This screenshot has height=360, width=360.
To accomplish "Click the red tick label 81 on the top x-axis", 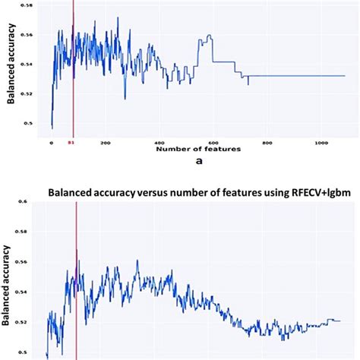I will pyautogui.click(x=72, y=142).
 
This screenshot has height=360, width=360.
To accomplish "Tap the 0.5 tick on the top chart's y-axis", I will pyautogui.click(x=30, y=122).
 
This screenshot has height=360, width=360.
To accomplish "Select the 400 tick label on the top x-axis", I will pyautogui.click(x=139, y=142).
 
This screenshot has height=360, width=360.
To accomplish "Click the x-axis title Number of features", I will pyautogui.click(x=198, y=150).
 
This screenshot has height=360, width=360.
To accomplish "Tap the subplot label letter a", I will pyautogui.click(x=198, y=162).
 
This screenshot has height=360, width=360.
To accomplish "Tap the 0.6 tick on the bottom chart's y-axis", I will pyautogui.click(x=30, y=202).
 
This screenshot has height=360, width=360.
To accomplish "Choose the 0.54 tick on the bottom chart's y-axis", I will pyautogui.click(x=28, y=292).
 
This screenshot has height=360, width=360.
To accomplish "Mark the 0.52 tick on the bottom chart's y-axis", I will pyautogui.click(x=28, y=322).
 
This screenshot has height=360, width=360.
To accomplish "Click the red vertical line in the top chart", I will pyautogui.click(x=72, y=76).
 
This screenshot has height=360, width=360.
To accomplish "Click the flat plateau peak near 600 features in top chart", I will pyautogui.click(x=207, y=36).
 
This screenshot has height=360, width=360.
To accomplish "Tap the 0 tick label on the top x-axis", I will pyautogui.click(x=52, y=142).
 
